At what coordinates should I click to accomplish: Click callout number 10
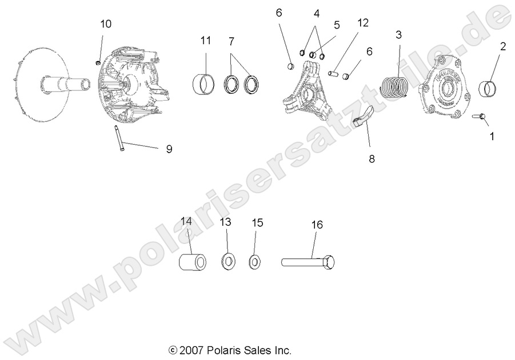tap(106, 24)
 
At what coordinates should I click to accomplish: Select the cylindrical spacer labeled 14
tap(193, 263)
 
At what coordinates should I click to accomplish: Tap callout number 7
tap(231, 41)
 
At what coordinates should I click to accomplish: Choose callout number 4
tap(317, 13)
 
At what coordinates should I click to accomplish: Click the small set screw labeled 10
tap(98, 59)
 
